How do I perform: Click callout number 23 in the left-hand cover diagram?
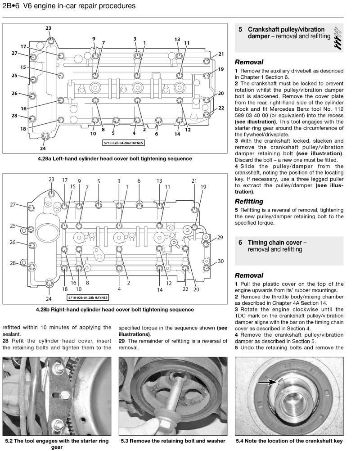point(49,28)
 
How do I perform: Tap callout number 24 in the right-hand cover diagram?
point(49,299)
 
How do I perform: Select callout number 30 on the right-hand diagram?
point(220,261)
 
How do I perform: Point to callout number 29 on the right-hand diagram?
point(220,237)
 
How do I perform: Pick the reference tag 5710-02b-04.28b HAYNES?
point(88,298)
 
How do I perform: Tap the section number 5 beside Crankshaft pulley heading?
point(241,30)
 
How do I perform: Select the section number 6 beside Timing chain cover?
point(241,243)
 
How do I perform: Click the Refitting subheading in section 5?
point(249,201)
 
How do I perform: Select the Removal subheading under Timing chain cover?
point(249,275)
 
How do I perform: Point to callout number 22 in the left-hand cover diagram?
point(221,108)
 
